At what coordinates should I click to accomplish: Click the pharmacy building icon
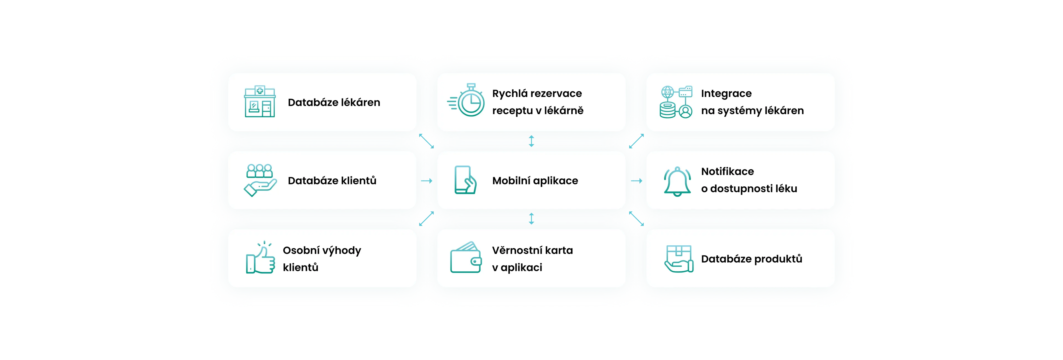[260, 102]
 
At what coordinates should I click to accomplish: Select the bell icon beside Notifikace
[677, 181]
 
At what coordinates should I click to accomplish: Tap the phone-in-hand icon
[465, 180]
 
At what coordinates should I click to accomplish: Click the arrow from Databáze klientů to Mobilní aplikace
[427, 181]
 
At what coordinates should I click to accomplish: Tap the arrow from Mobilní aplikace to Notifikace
[636, 181]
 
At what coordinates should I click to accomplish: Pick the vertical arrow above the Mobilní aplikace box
[531, 141]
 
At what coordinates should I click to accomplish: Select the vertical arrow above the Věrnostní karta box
[531, 219]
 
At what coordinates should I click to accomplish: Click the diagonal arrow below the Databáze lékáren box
[426, 141]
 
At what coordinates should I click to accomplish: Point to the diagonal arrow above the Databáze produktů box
[636, 219]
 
